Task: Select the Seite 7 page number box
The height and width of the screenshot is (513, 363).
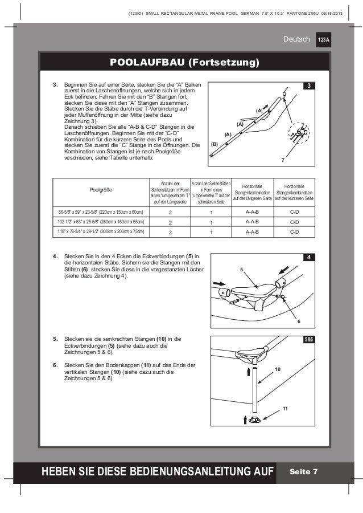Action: point(303,471)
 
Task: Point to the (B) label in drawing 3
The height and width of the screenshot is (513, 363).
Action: point(215,145)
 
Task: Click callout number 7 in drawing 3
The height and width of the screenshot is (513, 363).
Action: point(283,161)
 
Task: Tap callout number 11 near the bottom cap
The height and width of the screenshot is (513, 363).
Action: point(286,409)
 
